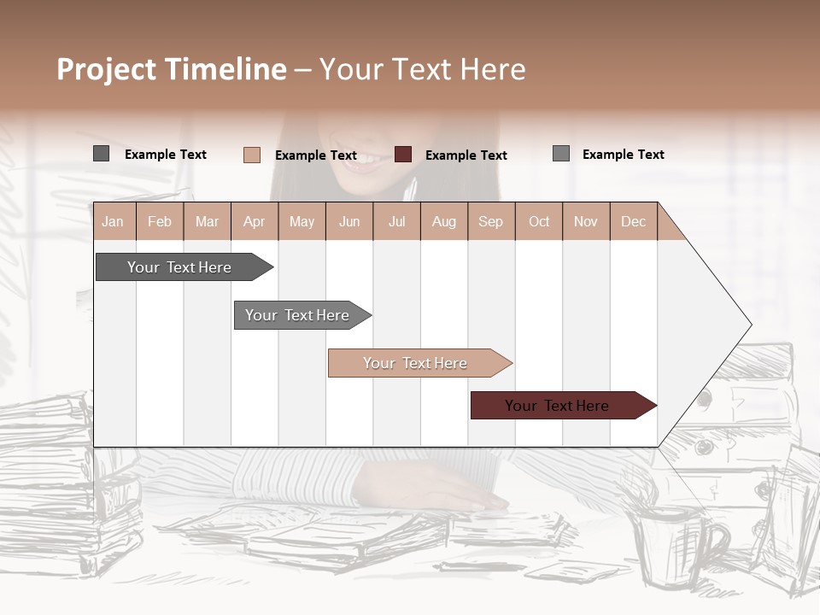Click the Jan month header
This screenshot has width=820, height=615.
click(113, 222)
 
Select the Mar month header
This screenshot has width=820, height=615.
click(207, 222)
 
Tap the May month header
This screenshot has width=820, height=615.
click(302, 222)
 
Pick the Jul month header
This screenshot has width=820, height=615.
click(396, 222)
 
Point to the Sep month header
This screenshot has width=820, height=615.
click(490, 222)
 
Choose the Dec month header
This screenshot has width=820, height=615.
click(633, 222)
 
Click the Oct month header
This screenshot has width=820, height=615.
click(539, 222)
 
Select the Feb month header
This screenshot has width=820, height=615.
click(160, 222)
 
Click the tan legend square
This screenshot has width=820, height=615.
click(251, 155)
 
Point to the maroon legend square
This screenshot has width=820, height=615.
click(403, 155)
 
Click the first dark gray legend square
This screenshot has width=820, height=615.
click(101, 154)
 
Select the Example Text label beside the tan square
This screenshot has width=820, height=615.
click(316, 155)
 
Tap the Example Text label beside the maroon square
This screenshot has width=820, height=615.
click(466, 155)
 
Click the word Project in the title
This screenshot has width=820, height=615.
click(106, 69)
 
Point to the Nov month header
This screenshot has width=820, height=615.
click(586, 222)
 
